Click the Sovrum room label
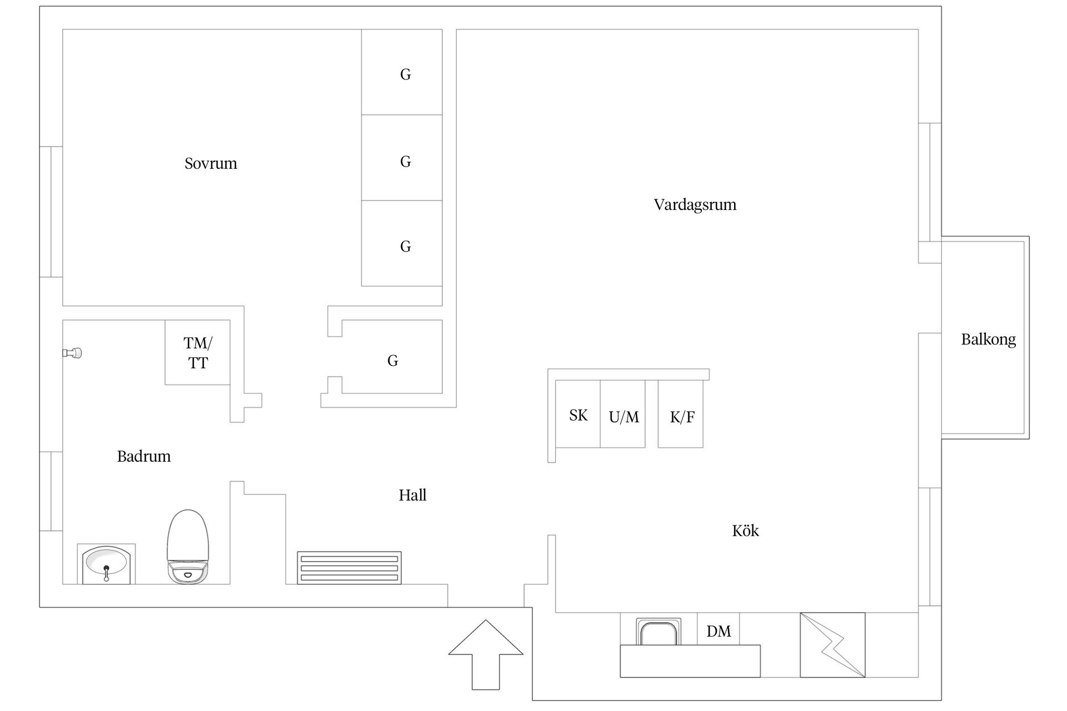211,163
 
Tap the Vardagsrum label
695,204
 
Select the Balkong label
988,339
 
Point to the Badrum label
143,456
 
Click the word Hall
412,495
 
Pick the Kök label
745,530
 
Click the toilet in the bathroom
188,547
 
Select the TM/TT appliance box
197,352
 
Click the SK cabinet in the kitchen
578,414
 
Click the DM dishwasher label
719,630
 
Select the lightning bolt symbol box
832,645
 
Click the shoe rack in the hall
349,568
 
